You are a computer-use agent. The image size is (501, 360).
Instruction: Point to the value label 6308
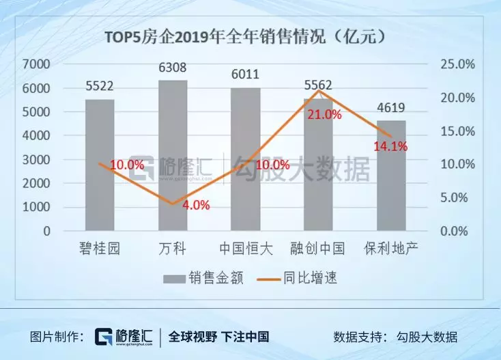(x=173, y=68)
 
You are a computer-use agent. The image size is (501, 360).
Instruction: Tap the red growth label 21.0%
(x=324, y=115)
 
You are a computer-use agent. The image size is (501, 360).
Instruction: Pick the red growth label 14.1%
(x=390, y=146)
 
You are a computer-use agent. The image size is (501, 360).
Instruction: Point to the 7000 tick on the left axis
(x=37, y=64)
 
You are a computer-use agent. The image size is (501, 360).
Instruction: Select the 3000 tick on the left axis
(x=37, y=160)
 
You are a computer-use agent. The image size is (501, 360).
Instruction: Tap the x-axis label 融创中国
(x=317, y=249)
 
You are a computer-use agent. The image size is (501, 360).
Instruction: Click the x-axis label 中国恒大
(x=245, y=249)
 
